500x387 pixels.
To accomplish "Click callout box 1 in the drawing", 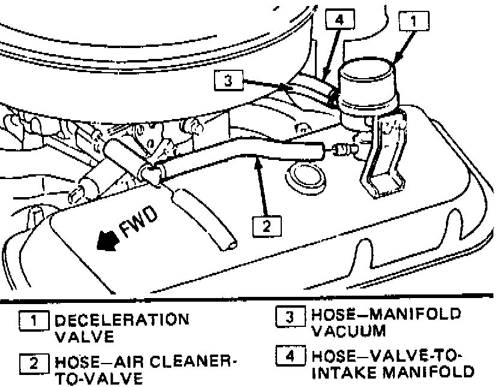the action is pyautogui.click(x=413, y=23).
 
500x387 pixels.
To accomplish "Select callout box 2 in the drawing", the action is pyautogui.click(x=266, y=226).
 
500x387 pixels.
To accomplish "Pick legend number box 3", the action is pyautogui.click(x=289, y=315).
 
